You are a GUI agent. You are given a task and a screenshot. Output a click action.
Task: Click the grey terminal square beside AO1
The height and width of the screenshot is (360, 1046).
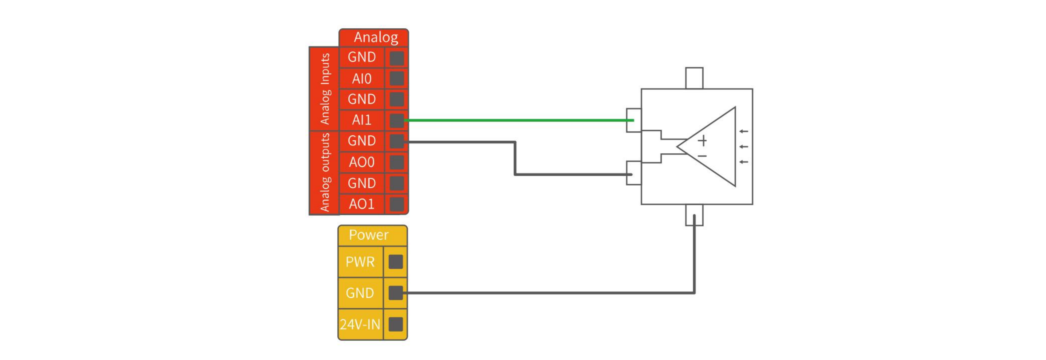[397, 204]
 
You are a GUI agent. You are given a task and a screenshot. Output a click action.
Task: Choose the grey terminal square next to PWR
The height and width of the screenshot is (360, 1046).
[396, 262]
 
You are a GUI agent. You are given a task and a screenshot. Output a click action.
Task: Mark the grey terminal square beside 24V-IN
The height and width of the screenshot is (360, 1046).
[396, 324]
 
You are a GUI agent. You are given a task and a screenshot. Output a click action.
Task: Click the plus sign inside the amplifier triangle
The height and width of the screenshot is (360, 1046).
[702, 141]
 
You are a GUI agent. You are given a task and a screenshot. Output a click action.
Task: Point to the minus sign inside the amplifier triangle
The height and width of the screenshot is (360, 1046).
[702, 156]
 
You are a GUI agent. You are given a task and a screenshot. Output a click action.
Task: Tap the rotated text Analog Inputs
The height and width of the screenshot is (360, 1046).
[325, 89]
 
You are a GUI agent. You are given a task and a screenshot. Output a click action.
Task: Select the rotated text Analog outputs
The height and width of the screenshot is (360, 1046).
[325, 172]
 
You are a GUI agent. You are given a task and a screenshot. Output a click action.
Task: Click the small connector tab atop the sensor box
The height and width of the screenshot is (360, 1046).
[694, 78]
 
